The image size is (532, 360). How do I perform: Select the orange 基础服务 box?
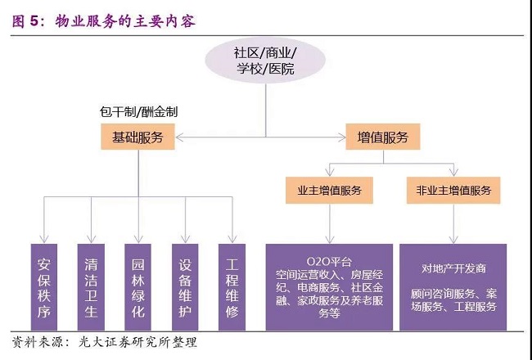click(137, 137)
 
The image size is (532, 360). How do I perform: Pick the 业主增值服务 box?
click(329, 191)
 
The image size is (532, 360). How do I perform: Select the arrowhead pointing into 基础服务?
click(178, 137)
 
